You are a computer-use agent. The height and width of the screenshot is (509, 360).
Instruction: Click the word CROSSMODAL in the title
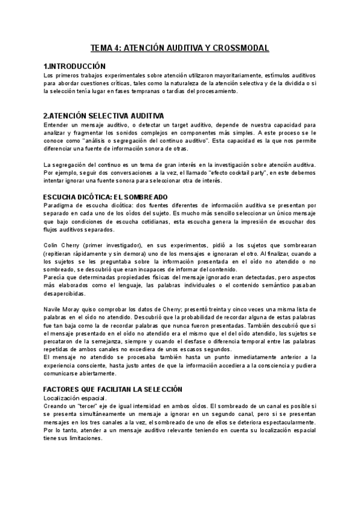240,48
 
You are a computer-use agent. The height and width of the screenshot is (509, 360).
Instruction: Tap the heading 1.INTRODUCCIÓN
74,65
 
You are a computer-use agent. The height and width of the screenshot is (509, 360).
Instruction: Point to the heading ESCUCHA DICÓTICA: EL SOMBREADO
106,197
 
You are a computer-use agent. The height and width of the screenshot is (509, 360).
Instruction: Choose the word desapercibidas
65,294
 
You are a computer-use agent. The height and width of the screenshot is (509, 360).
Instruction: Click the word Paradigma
59,205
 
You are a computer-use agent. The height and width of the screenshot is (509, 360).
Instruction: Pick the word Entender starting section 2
57,124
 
